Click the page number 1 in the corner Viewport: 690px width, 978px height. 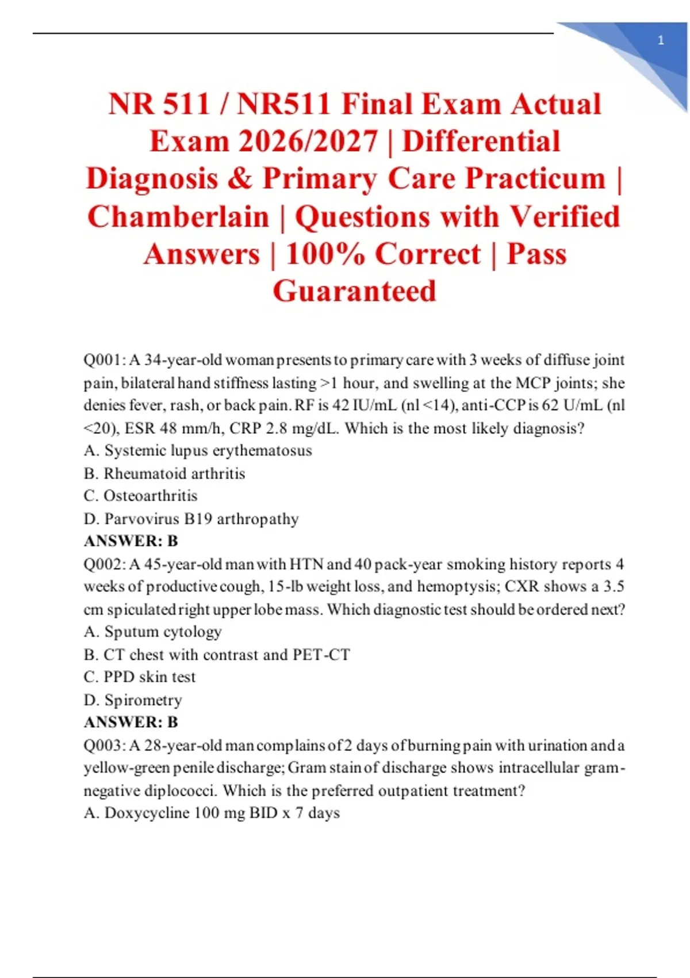click(x=661, y=40)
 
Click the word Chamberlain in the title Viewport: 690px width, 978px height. click(x=178, y=217)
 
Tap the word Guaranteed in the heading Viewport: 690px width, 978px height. click(x=354, y=291)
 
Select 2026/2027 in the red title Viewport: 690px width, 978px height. click(x=308, y=142)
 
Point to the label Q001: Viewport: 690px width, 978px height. click(x=104, y=360)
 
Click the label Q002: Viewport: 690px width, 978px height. click(x=104, y=564)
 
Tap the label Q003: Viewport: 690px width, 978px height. click(x=104, y=746)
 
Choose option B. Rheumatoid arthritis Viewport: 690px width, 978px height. click(x=164, y=473)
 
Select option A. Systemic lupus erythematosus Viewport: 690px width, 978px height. click(x=198, y=450)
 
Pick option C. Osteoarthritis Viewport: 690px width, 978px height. click(x=140, y=496)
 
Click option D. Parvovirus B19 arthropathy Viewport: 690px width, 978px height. click(x=191, y=519)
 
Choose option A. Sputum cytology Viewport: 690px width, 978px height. click(x=152, y=632)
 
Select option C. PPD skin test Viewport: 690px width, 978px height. click(x=140, y=677)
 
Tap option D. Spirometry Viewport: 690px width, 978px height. click(x=133, y=700)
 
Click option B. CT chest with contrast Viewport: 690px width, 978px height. click(x=217, y=655)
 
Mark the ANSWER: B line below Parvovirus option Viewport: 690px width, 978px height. click(x=131, y=541)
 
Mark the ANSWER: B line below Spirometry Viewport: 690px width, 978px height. click(x=131, y=722)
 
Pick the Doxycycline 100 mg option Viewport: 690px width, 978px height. click(x=212, y=813)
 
